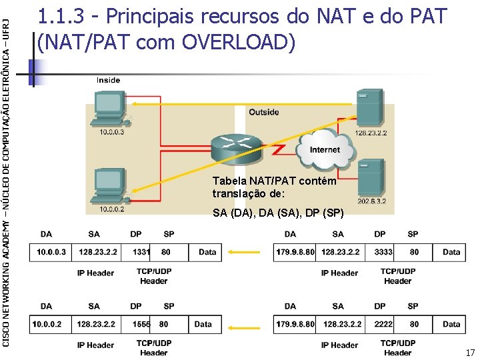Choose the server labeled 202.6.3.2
tap(370, 177)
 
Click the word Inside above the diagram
tap(108, 80)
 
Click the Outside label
tap(263, 112)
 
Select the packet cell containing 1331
tap(141, 252)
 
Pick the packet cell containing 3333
tap(383, 252)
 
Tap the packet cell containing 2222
tap(383, 324)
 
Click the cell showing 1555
tap(141, 324)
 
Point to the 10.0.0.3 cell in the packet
tap(51, 252)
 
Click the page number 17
tap(469, 352)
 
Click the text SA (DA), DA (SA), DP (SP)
tap(278, 213)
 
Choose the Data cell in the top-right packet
tap(451, 252)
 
